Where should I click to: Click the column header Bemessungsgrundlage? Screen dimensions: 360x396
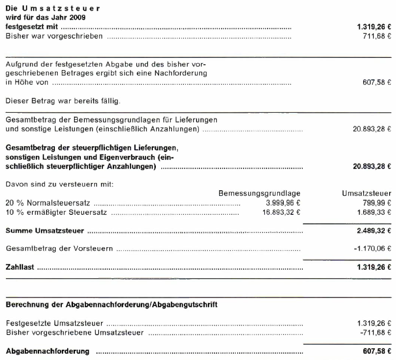click(x=259, y=194)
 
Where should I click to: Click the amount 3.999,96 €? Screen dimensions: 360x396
click(x=282, y=203)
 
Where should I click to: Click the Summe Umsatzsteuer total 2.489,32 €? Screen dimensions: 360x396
click(x=373, y=231)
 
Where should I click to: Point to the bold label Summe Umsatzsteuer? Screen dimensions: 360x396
click(x=44, y=231)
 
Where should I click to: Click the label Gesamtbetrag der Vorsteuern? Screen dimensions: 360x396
click(x=59, y=249)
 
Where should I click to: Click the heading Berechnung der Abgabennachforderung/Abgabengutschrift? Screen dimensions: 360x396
click(x=111, y=305)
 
